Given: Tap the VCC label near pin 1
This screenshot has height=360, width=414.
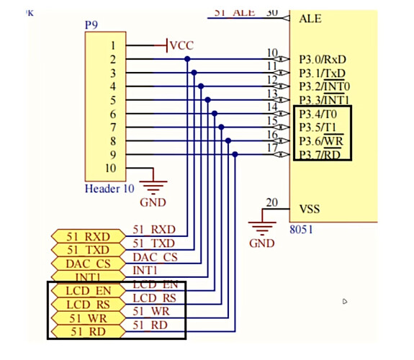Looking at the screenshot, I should click(182, 46).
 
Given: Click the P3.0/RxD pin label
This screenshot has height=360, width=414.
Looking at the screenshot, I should click(323, 59).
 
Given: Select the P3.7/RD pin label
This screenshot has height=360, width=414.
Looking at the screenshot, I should click(323, 155).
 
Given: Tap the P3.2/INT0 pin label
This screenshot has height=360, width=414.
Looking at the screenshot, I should click(325, 86).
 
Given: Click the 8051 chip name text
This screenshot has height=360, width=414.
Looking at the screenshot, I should click(304, 232).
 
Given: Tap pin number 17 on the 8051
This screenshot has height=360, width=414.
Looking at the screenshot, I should click(271, 148).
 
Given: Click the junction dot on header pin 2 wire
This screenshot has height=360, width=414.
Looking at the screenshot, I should click(187, 60).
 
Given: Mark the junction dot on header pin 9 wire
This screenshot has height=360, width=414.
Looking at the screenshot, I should click(235, 155).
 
